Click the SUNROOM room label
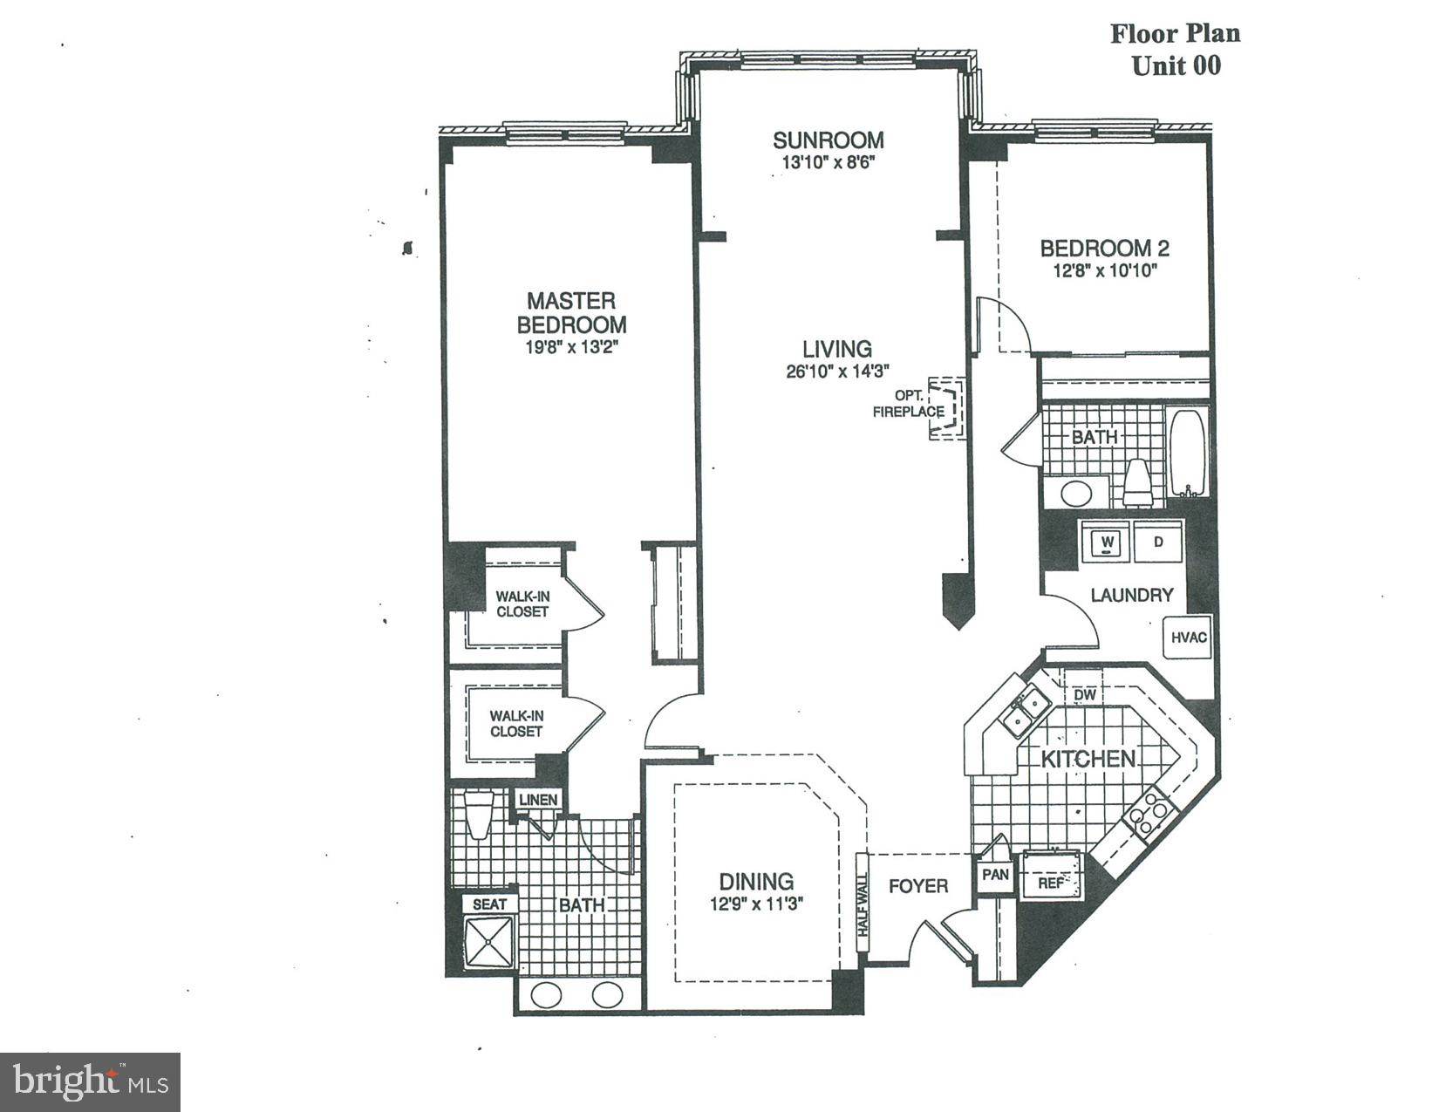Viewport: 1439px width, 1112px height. tap(828, 140)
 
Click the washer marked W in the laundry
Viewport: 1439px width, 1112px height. tap(1107, 542)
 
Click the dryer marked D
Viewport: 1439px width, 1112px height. tap(1158, 542)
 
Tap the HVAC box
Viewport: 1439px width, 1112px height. tap(1188, 638)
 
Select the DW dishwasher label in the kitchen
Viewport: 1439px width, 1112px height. tap(1084, 694)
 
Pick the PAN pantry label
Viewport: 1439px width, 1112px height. tap(995, 874)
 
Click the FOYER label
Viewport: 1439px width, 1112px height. tap(917, 886)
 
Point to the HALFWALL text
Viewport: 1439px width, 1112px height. tap(863, 906)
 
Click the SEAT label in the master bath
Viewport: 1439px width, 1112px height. tap(489, 904)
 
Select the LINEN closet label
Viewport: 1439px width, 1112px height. tap(538, 800)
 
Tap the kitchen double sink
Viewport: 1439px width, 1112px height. tap(1024, 710)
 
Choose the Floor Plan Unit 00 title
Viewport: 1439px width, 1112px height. tap(1175, 50)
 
